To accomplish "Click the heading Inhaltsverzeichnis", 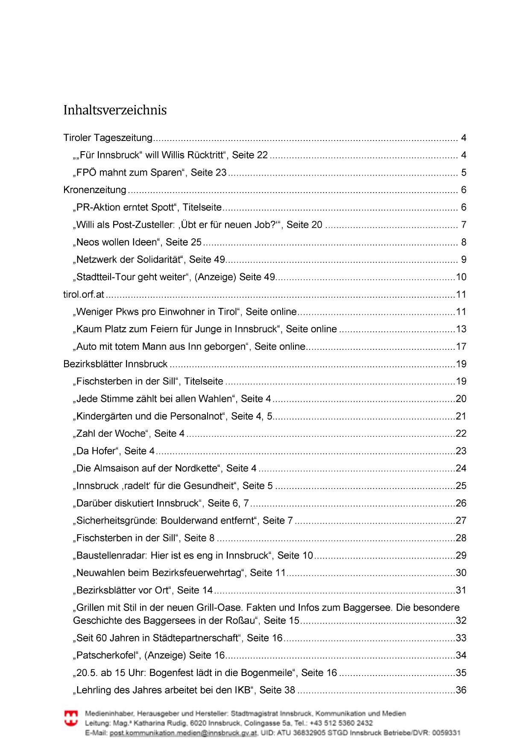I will (115, 110).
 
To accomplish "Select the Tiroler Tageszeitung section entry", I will (108, 138).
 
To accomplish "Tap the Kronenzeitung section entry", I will (95, 190).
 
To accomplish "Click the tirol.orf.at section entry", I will (84, 295).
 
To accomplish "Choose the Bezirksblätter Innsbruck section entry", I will (115, 364).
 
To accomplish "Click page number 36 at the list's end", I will (461, 690).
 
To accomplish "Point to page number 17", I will (461, 347).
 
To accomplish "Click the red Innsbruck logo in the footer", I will (71, 718).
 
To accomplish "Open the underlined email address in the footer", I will (183, 733).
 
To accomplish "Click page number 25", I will (461, 486).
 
